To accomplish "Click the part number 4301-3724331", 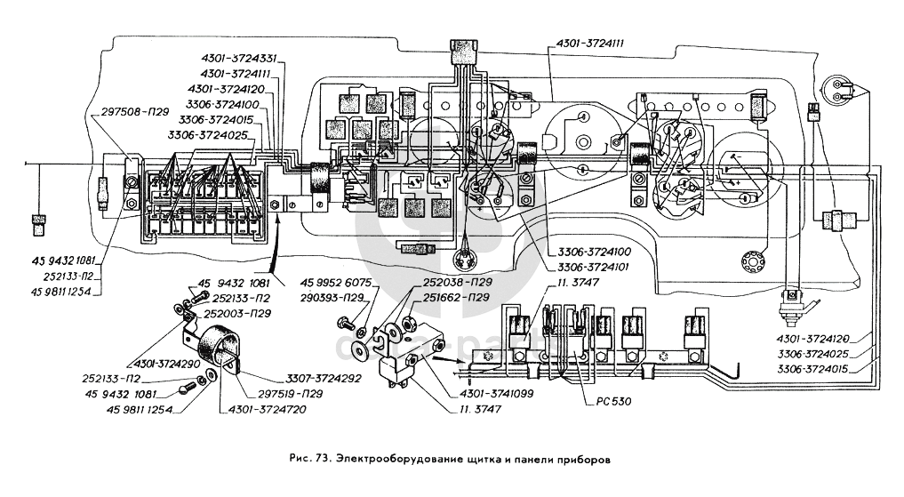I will [239, 59].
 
